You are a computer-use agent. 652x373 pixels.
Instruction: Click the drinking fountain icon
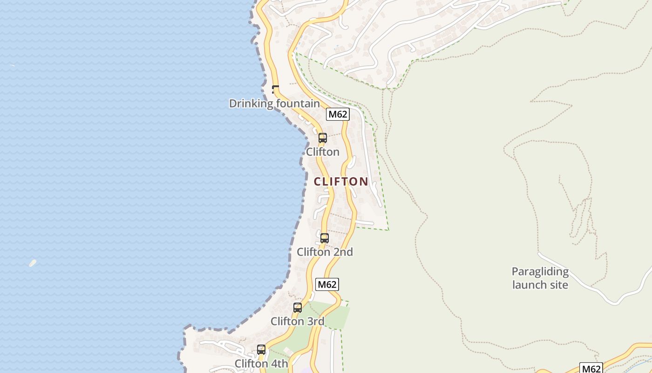coord(275,89)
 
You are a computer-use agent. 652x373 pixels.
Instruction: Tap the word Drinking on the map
coord(251,104)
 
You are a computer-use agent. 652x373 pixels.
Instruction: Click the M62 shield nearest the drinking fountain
coord(338,114)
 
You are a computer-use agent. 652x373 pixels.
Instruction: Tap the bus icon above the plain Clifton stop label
coord(322,138)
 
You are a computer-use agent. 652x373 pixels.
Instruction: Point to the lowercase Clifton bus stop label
coord(322,152)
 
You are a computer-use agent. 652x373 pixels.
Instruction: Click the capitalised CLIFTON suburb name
coord(341,181)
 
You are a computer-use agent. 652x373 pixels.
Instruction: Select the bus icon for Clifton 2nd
coord(325,238)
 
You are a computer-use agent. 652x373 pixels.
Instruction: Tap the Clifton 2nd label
coord(325,252)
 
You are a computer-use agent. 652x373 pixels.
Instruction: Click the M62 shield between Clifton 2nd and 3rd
coord(327,284)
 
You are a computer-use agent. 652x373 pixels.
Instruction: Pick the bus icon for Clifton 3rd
coord(298,308)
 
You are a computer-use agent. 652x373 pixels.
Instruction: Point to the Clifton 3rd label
coord(297,321)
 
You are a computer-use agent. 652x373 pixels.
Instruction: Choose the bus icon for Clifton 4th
coord(261,349)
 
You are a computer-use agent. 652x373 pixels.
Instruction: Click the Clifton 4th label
coord(261,363)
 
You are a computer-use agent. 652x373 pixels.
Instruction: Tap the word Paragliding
coord(540,272)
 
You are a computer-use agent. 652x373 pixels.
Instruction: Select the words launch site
coord(540,284)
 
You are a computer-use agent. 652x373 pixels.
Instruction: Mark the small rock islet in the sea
coord(33,263)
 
